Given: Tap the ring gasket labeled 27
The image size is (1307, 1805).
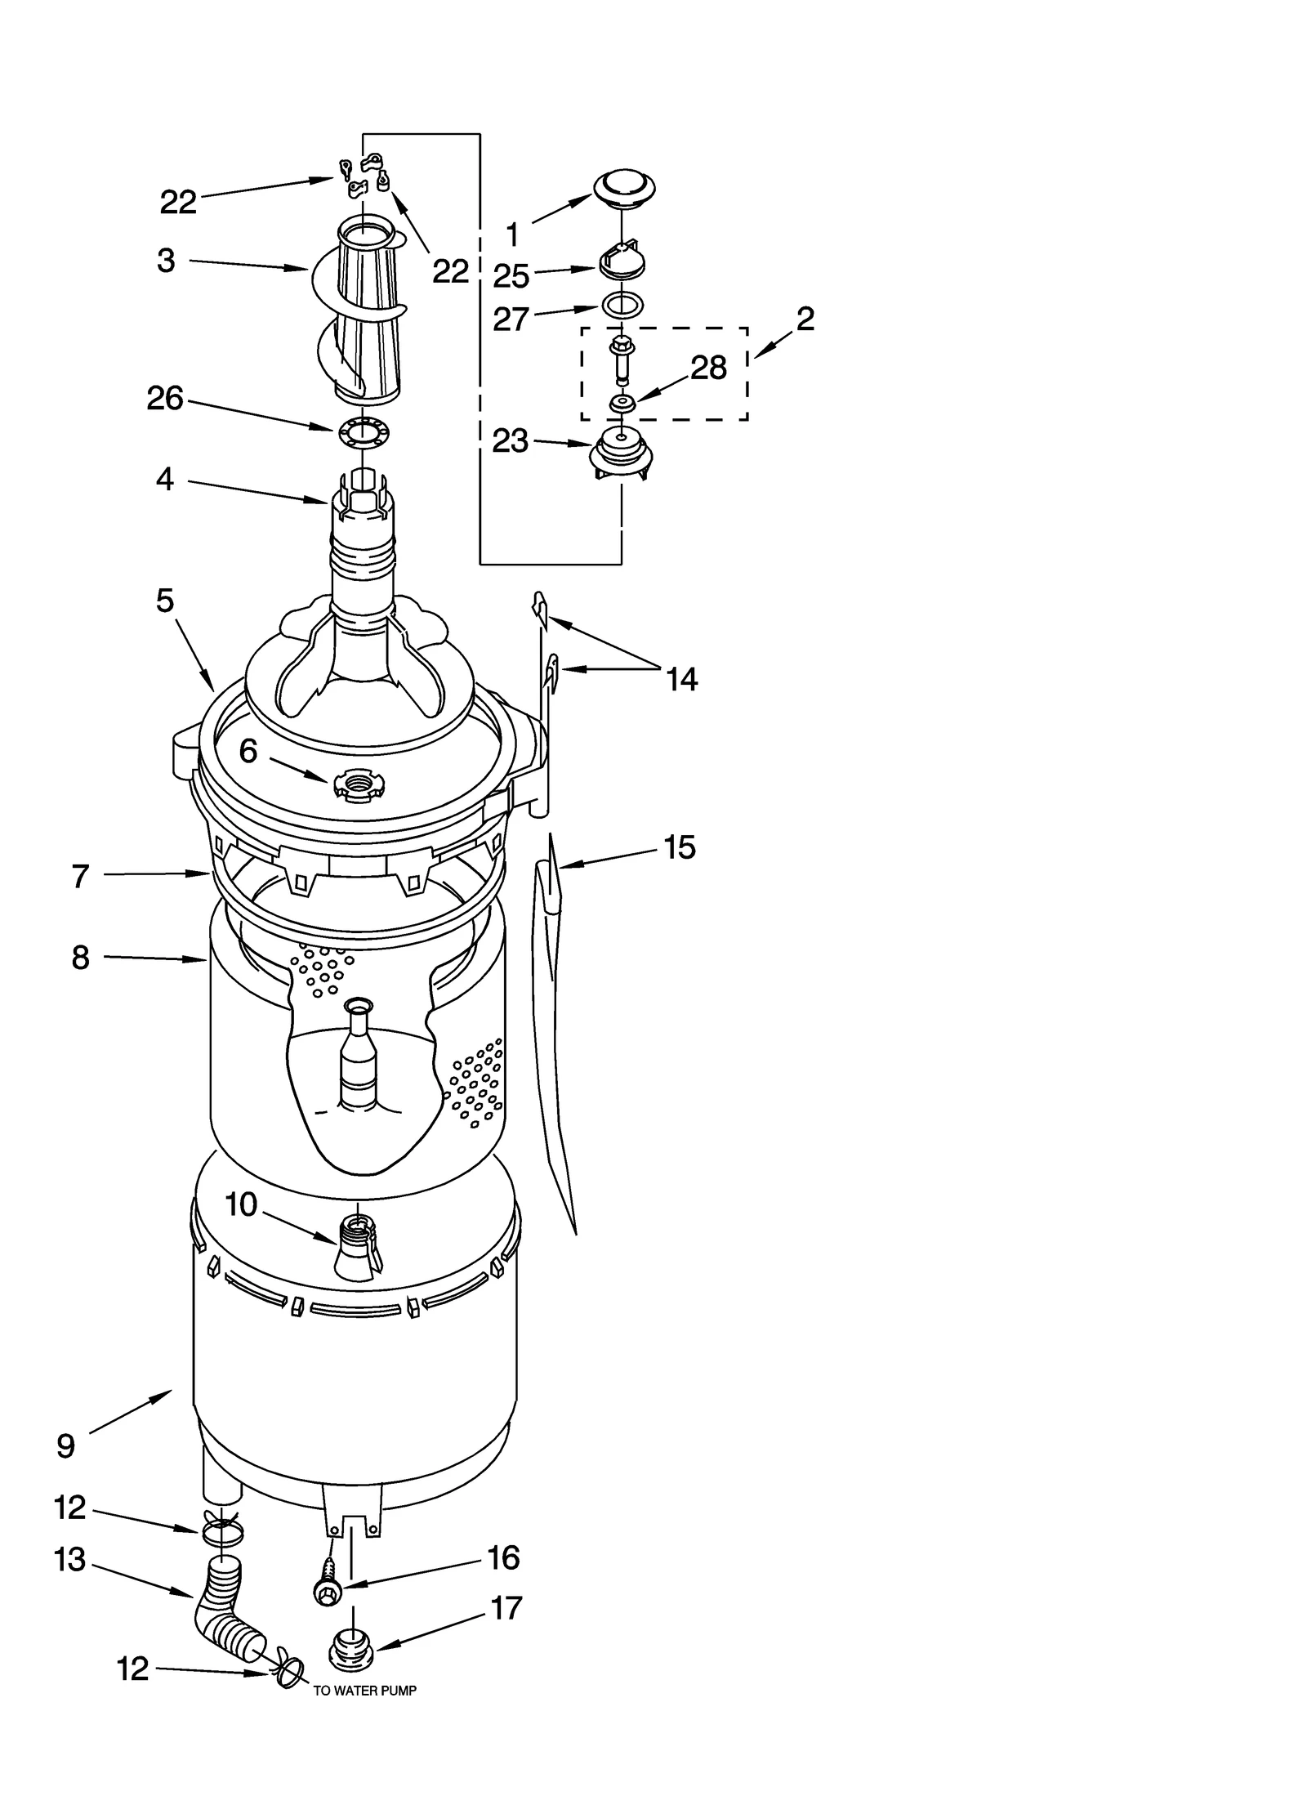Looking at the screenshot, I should [x=622, y=306].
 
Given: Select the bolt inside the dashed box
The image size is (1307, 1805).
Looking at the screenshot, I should [x=622, y=358].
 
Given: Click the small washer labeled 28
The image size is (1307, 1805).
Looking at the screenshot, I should [x=622, y=403].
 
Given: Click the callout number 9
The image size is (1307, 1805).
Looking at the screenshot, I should [x=66, y=1446].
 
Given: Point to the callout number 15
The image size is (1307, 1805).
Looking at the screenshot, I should [x=679, y=847].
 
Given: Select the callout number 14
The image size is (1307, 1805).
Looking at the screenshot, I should [x=682, y=679].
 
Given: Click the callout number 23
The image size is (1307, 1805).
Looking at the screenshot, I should [x=511, y=441].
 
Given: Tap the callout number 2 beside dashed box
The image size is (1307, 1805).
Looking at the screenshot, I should [x=805, y=319].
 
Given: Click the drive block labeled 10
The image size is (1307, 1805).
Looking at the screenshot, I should [x=356, y=1249].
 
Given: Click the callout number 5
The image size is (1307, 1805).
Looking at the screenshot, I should [x=165, y=601].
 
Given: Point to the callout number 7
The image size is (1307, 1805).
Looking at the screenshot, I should [x=80, y=876].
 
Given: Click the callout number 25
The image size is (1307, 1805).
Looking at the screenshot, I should [x=511, y=276].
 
